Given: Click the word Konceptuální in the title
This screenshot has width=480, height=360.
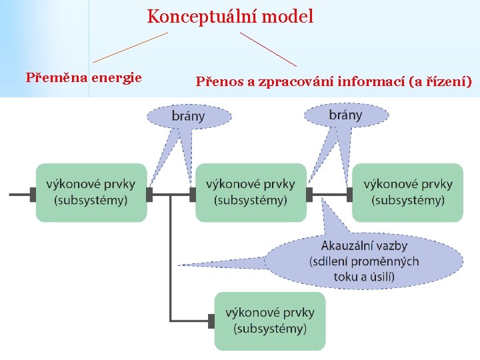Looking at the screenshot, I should click(x=202, y=16).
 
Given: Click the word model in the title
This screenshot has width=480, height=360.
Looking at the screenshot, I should click(x=288, y=16).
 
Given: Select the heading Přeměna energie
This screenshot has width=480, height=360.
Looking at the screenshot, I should click(x=83, y=77).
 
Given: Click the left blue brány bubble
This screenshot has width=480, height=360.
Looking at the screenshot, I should click(x=189, y=115).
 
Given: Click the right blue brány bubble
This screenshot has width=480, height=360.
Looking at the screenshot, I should click(x=345, y=115).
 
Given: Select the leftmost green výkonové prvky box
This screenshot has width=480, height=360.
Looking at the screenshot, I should click(x=91, y=192).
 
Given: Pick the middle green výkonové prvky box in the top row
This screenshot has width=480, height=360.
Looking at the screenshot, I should click(x=251, y=192).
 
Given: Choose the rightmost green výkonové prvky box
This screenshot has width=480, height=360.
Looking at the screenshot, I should click(x=408, y=192).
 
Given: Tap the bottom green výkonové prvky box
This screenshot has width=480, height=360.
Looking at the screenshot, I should click(x=270, y=321).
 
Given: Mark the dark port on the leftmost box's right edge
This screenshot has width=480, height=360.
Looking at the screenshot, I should click(x=149, y=194).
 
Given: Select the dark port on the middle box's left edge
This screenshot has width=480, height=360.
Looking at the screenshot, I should click(x=193, y=194).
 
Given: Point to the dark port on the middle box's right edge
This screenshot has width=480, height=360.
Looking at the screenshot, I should click(x=309, y=194).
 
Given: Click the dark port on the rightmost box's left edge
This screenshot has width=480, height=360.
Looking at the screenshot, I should click(x=350, y=194).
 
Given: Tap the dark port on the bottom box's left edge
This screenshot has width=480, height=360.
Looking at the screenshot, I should click(x=211, y=321).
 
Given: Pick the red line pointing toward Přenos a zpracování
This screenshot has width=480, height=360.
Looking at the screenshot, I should click(x=268, y=49).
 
